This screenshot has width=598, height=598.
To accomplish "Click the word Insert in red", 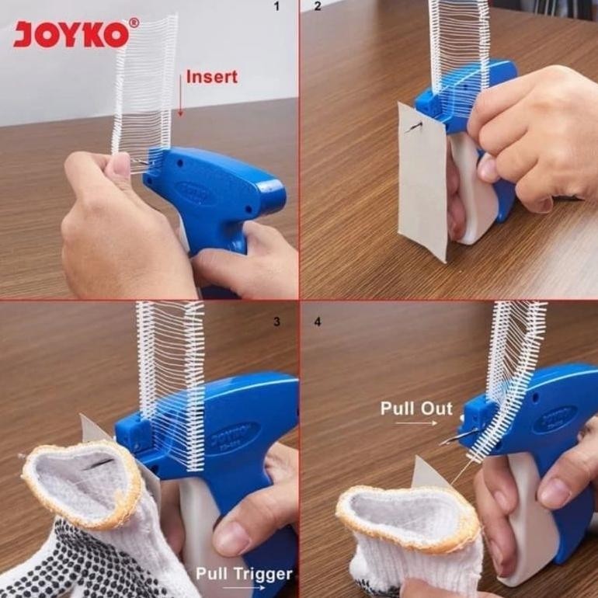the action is pyautogui.click(x=212, y=77).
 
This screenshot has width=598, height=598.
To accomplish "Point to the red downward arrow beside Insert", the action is pyautogui.click(x=181, y=96).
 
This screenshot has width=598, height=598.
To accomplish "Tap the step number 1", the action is pyautogui.click(x=277, y=6).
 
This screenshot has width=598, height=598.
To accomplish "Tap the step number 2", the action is pyautogui.click(x=318, y=6).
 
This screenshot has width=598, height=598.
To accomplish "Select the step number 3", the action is pyautogui.click(x=277, y=322).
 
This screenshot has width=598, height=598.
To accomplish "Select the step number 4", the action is pyautogui.click(x=318, y=322).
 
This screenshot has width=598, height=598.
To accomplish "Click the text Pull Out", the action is pyautogui.click(x=416, y=409).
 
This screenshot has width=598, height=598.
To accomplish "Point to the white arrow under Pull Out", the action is pyautogui.click(x=416, y=422).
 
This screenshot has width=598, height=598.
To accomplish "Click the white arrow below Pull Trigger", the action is pyautogui.click(x=244, y=588).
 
